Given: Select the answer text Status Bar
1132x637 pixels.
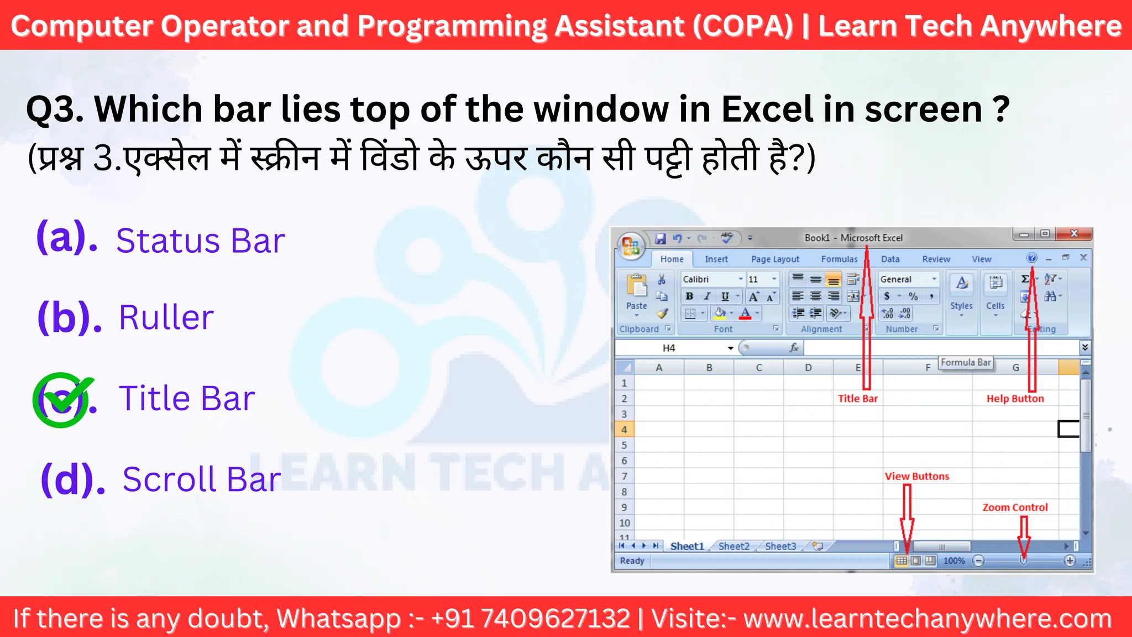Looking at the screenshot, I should point(200,241).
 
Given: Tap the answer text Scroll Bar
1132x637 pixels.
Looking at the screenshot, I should point(202,479).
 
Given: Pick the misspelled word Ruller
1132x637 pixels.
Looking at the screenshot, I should point(166,317).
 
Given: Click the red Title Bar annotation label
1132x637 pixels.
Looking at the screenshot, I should point(857,399).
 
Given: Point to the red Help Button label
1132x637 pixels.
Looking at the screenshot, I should point(1015,399).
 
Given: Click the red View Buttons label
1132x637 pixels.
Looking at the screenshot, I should point(916,476).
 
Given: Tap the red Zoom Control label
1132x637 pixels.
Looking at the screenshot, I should point(1015,507).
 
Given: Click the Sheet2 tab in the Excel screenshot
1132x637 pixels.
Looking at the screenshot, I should point(733,546).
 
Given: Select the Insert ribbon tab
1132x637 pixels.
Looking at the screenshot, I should point(716,259).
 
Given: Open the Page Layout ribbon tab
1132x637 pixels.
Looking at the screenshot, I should point(774,259).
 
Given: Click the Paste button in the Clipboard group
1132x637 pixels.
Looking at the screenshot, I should point(637,293).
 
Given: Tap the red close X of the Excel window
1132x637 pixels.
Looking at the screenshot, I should point(1074,234).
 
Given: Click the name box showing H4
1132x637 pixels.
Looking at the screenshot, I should point(674,348).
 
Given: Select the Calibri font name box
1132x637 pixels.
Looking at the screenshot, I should point(710,279).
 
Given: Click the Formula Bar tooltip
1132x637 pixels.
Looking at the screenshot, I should point(966,363).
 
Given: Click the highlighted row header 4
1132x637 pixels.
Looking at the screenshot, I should point(624,430).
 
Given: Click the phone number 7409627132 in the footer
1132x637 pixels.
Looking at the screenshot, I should point(555,618).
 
